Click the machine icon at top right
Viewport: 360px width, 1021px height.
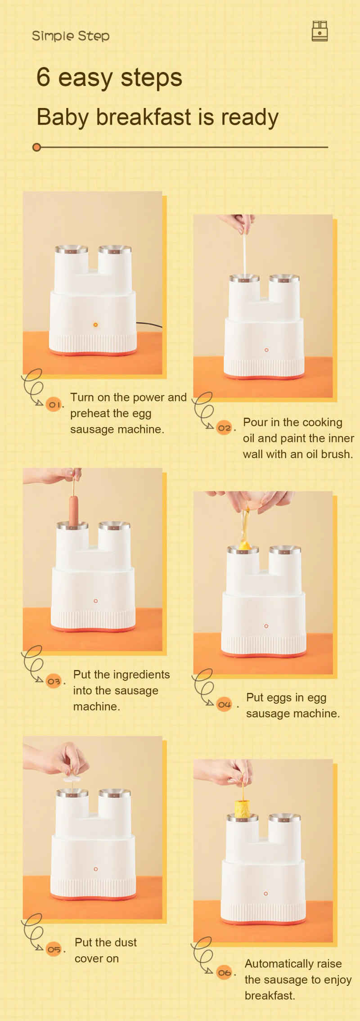coord(319,31)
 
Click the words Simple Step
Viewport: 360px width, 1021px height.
coord(71,36)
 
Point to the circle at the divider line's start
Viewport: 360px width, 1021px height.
coord(37,147)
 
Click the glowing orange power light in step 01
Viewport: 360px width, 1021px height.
coord(95,324)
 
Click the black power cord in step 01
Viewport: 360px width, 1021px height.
coord(149,324)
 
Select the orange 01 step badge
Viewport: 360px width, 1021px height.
coord(54,404)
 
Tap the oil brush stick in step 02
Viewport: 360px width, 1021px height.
coord(245,254)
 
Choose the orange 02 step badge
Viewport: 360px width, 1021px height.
coord(224,427)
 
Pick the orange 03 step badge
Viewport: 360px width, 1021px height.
coord(54,681)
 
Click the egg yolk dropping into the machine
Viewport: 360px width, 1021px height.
coord(245,545)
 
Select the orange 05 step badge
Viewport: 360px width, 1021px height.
coord(54,949)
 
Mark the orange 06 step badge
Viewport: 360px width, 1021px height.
coord(224,972)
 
